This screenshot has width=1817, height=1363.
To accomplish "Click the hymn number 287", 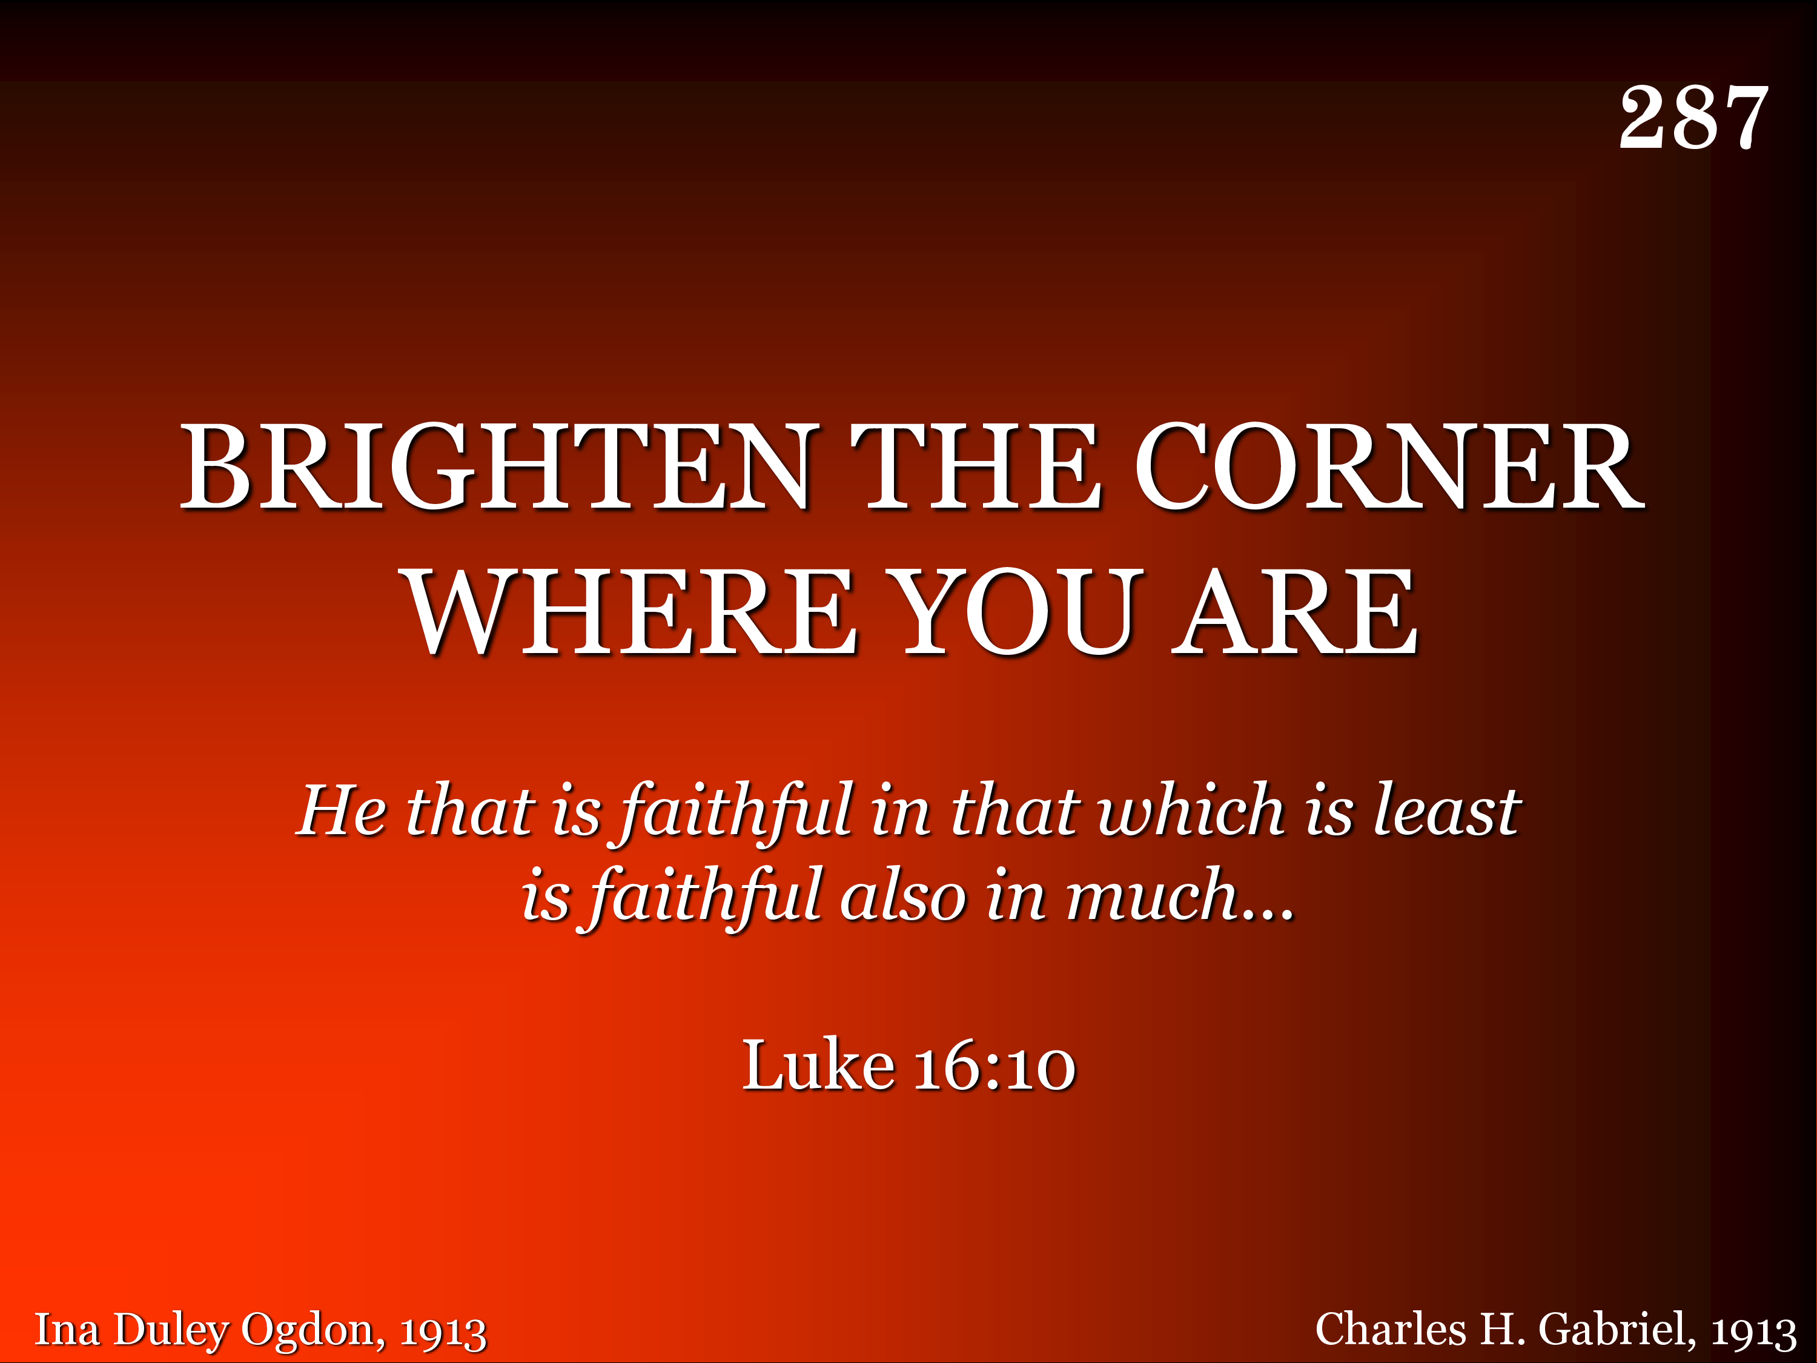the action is (1694, 118).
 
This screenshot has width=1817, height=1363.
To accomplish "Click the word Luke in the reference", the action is (818, 1065).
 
